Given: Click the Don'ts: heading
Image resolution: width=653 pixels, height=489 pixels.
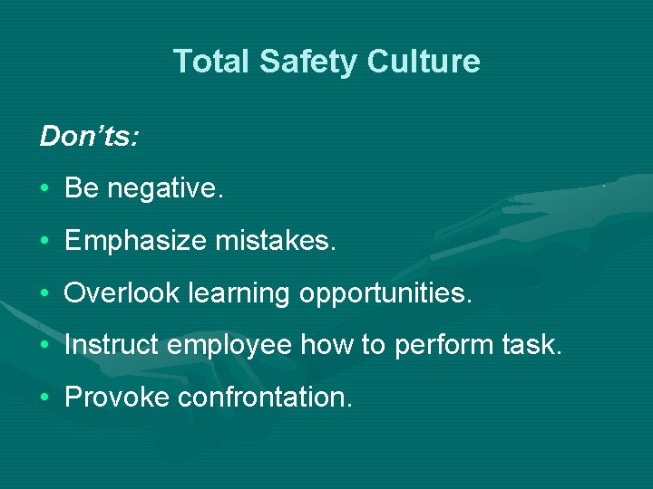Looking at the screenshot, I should coord(89,137).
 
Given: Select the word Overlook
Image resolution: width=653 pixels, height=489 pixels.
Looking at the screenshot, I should coord(121,293).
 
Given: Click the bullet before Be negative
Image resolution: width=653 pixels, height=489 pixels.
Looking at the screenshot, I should coord(44,189).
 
